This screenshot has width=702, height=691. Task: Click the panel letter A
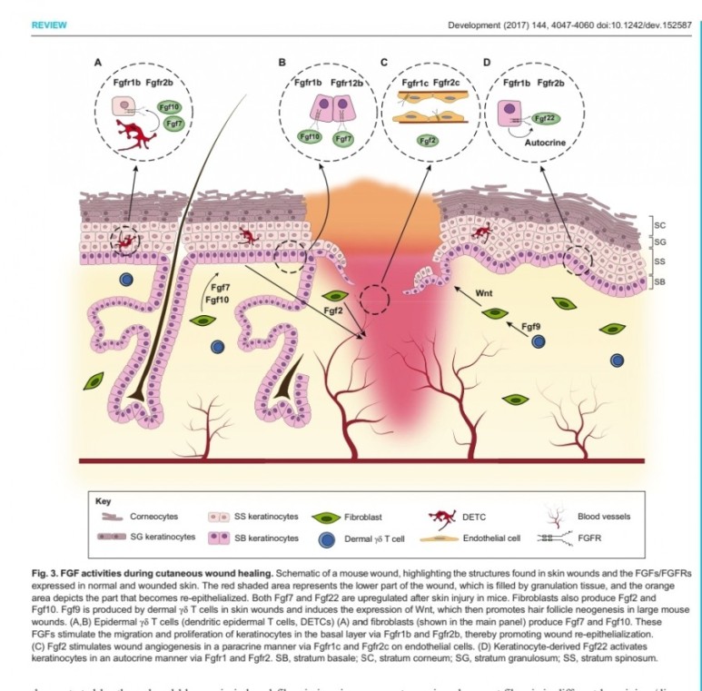point(98,63)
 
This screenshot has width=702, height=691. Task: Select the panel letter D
point(488,63)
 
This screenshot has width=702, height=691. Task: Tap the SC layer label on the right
point(661,223)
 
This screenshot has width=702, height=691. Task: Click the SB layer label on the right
point(661,281)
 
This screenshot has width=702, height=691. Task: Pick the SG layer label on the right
point(661,242)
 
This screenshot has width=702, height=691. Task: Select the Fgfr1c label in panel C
point(415,83)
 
